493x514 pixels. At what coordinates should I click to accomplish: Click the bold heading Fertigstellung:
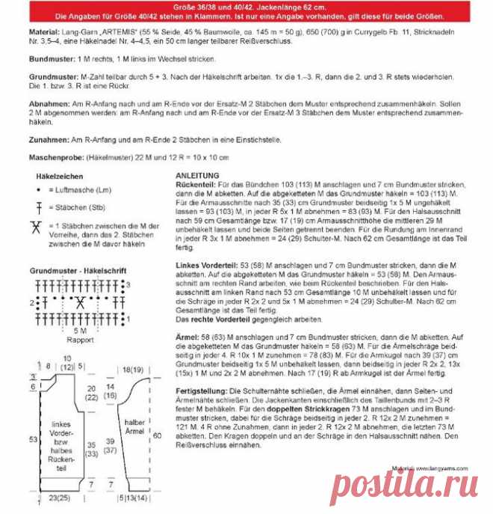click(200, 392)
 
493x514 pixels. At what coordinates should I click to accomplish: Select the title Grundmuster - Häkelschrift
click(78, 270)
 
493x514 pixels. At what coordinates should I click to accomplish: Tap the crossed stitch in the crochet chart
click(78, 302)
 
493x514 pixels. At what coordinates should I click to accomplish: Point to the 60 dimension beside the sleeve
click(157, 434)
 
